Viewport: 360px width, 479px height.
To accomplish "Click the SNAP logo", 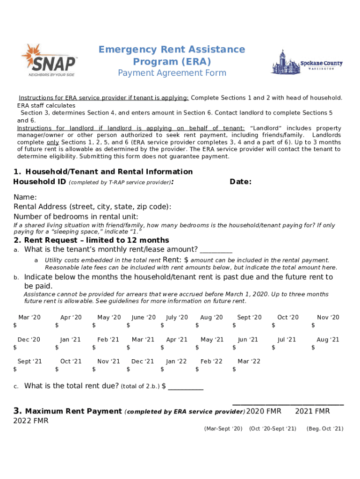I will pos(49,60).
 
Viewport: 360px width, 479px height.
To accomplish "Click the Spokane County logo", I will pos(307,62).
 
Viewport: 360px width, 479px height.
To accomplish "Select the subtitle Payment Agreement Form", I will pos(172,73).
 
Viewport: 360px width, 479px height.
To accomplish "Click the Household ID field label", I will pos(40,181).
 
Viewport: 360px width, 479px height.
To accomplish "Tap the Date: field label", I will pos(240,181).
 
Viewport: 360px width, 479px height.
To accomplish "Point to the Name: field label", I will pos(25,197).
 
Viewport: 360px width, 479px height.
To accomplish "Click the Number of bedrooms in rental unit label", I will pos(76,217).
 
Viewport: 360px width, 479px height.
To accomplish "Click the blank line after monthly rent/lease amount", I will pos(216,250).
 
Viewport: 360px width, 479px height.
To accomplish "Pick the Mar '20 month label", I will pos(29,317).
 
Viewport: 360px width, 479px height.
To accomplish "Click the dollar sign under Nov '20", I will pos(313,326).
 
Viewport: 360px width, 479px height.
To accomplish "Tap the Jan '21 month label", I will pos(71,340).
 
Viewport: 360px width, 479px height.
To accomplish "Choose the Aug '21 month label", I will pos(328,340).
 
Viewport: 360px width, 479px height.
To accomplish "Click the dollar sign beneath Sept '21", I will pos(15,370).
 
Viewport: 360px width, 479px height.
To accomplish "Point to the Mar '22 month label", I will pos(249,361).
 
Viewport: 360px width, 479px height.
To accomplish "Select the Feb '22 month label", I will pos(211,361).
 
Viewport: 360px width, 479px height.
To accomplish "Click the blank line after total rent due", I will pos(186,387).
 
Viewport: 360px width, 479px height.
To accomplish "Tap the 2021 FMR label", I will pos(312,411).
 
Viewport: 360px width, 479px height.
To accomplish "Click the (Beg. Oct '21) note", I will pos(324,428).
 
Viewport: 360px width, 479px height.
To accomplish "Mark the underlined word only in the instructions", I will pos(53,142).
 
